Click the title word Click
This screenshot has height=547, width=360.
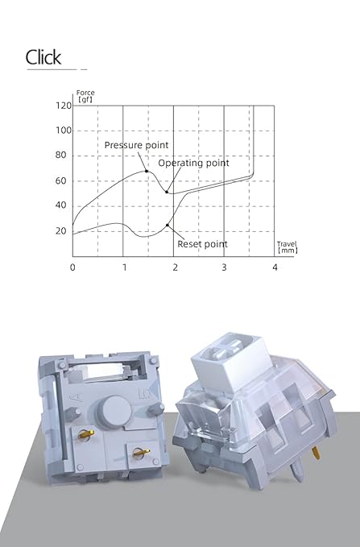(43, 57)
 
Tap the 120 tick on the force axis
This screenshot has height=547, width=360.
(64, 106)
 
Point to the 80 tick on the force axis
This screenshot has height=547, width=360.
(60, 155)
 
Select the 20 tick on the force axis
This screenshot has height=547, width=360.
(60, 231)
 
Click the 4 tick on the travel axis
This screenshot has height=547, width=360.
(275, 267)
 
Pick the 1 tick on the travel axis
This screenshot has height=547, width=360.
(125, 267)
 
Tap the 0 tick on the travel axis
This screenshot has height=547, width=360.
(72, 267)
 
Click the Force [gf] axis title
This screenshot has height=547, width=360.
(85, 97)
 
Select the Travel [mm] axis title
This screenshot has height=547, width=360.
(287, 247)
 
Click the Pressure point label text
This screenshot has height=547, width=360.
(136, 145)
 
